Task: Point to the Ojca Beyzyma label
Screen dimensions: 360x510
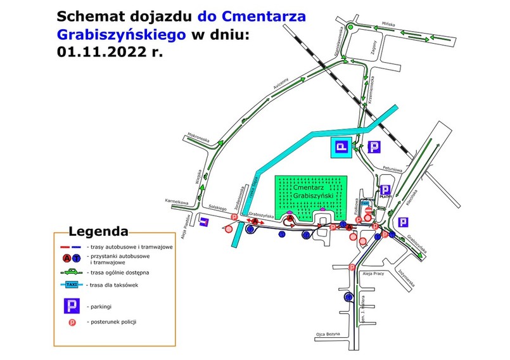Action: coord(328,333)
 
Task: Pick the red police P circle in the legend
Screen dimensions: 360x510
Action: coord(71,322)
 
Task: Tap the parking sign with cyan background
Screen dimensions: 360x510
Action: coord(341,148)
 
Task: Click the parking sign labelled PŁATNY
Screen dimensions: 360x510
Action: coord(385,191)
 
